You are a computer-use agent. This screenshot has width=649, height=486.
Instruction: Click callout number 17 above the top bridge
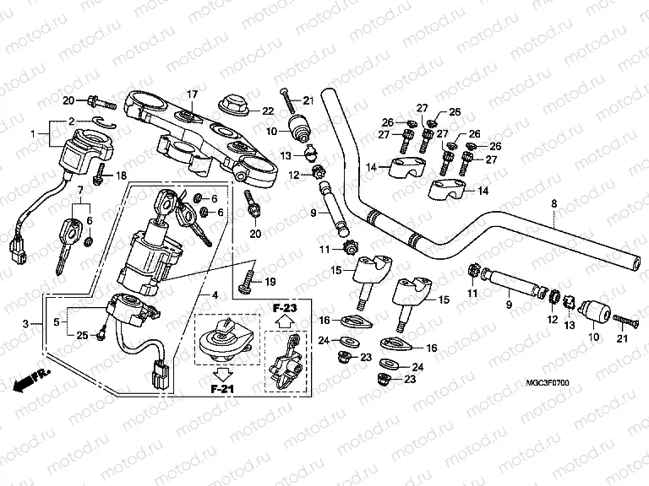coord(192,94)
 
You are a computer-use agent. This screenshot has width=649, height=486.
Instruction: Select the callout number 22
coord(267,111)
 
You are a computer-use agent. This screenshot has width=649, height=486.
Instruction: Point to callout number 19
coord(270,281)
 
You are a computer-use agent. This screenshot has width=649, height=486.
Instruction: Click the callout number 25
coord(81,336)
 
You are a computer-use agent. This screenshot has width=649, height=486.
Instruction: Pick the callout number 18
coord(121,175)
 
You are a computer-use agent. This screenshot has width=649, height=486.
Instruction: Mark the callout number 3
coord(26,323)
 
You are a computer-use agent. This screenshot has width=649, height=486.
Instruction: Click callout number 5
coord(57,321)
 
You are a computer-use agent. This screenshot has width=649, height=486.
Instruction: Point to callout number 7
coord(81,191)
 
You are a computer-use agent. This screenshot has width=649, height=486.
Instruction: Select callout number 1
coord(35,134)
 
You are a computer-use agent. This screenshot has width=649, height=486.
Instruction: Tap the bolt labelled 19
coord(247,279)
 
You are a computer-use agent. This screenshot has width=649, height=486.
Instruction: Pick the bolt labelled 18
coord(100,175)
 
